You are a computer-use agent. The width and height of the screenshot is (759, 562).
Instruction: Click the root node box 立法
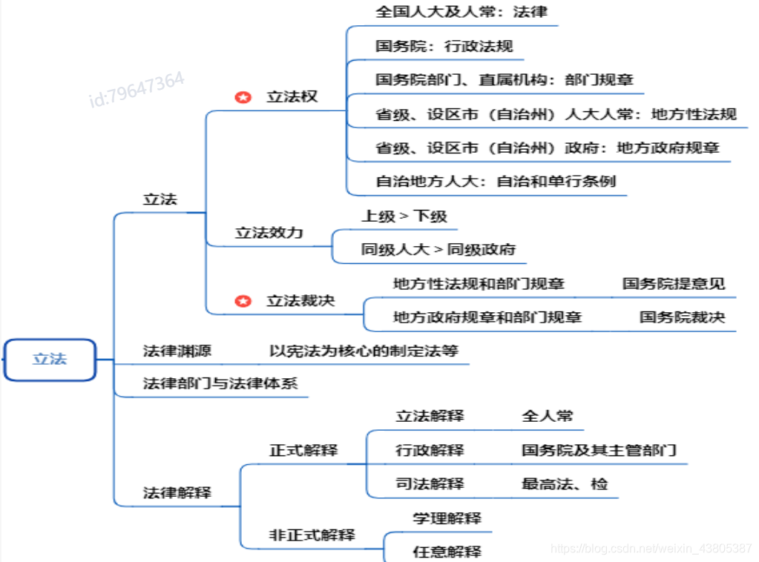click(x=50, y=360)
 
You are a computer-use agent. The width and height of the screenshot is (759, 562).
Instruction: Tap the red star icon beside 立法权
click(x=243, y=97)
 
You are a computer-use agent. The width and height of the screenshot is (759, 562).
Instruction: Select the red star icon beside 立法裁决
click(x=243, y=301)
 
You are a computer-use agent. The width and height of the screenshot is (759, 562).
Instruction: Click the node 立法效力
click(x=269, y=233)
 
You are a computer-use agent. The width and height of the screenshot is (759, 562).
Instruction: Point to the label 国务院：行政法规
click(x=444, y=46)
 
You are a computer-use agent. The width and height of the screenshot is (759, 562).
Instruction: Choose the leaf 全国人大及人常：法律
click(x=461, y=12)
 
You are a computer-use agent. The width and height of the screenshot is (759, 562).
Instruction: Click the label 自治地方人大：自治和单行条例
click(x=495, y=181)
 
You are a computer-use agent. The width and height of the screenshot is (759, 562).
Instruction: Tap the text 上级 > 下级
click(x=404, y=216)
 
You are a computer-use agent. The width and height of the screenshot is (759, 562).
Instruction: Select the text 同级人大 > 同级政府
click(x=438, y=249)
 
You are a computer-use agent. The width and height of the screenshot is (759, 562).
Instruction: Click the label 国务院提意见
click(x=673, y=283)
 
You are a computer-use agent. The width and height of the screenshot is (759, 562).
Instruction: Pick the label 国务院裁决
click(x=682, y=317)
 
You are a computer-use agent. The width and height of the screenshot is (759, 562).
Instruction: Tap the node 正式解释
click(x=303, y=450)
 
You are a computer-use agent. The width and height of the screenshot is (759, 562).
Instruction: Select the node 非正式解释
click(x=312, y=535)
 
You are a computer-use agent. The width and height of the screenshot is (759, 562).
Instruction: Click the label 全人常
click(x=547, y=416)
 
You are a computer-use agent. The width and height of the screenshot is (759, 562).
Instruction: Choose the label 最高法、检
click(x=565, y=484)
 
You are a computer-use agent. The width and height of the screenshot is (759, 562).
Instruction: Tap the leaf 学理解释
click(x=447, y=518)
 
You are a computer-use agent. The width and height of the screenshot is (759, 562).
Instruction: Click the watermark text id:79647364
click(x=137, y=90)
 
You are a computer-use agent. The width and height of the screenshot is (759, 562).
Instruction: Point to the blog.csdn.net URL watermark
click(x=651, y=549)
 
